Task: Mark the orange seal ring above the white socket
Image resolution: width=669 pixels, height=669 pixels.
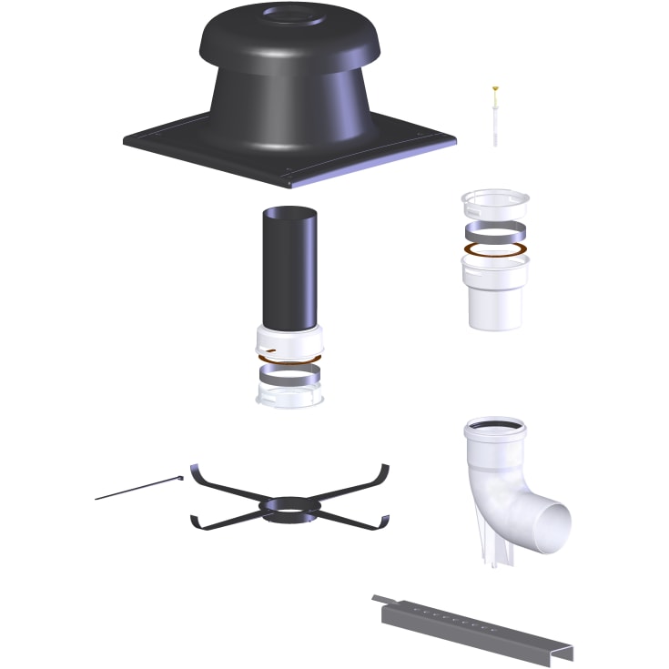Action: [495, 248]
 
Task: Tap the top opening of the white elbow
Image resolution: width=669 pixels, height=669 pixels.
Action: [493, 427]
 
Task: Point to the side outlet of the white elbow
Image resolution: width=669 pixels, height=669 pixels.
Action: [550, 526]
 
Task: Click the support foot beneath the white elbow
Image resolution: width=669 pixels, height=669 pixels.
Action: [492, 551]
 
